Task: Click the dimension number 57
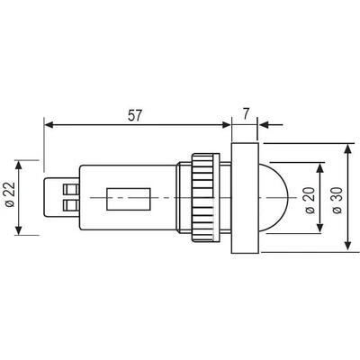[x=134, y=115]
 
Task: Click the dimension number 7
[x=246, y=114]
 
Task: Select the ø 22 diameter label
[x=10, y=194]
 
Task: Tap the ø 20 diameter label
[x=310, y=200]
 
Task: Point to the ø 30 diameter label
[x=337, y=200]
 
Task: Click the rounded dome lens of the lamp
[x=274, y=198]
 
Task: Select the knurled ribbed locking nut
[x=206, y=198]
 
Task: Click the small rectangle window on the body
[x=129, y=199]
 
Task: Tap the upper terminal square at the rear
[x=71, y=190]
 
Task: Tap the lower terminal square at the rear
[x=71, y=205]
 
